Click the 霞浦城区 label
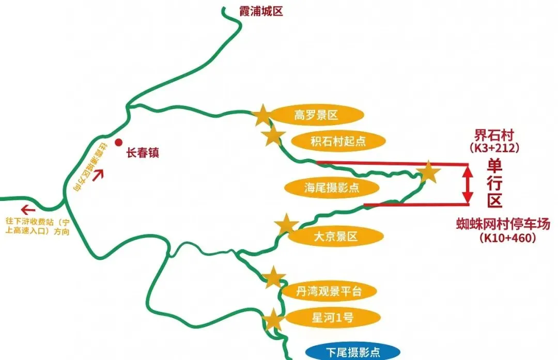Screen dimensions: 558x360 [261, 11]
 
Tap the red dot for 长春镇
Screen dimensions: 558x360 [119, 143]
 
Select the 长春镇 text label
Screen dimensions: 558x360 [143, 153]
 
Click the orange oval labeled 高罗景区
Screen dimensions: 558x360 [316, 115]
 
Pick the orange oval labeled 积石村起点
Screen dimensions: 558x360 [331, 140]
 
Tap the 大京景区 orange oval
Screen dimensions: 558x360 [335, 237]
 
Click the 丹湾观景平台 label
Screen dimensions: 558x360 [329, 291]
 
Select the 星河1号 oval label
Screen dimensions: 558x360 [326, 318]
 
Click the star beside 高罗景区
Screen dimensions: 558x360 [262, 115]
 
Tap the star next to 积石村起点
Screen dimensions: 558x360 [273, 136]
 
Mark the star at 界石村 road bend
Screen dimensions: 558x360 [429, 173]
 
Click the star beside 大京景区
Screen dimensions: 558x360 [286, 225]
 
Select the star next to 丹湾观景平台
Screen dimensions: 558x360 [273, 278]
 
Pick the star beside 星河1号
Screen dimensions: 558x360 [273, 320]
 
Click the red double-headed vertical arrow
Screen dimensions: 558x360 [467, 184]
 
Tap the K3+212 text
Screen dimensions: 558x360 [494, 148]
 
